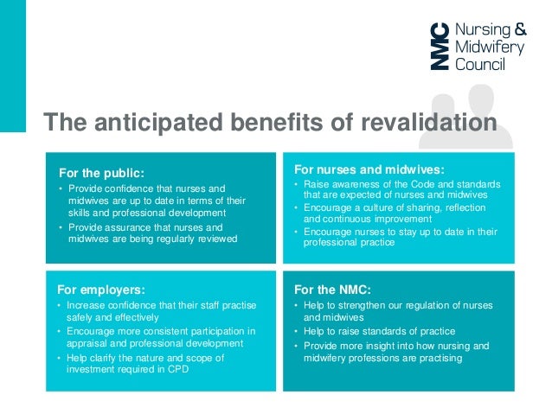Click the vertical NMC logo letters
[x=441, y=46]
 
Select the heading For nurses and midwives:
[x=369, y=169]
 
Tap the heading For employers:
[x=100, y=290]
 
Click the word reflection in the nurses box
[x=477, y=208]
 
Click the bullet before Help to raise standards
[x=296, y=332]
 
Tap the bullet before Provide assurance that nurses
[x=60, y=226]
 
